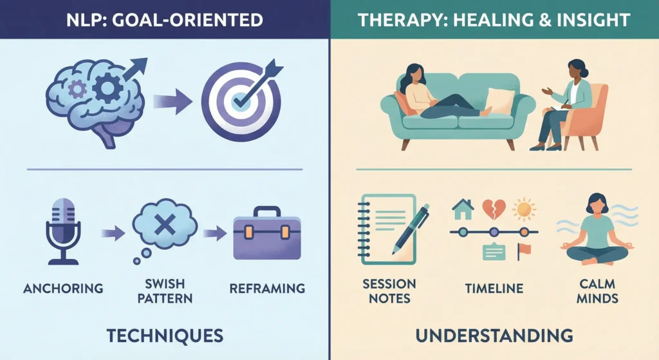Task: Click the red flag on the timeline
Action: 522,251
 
